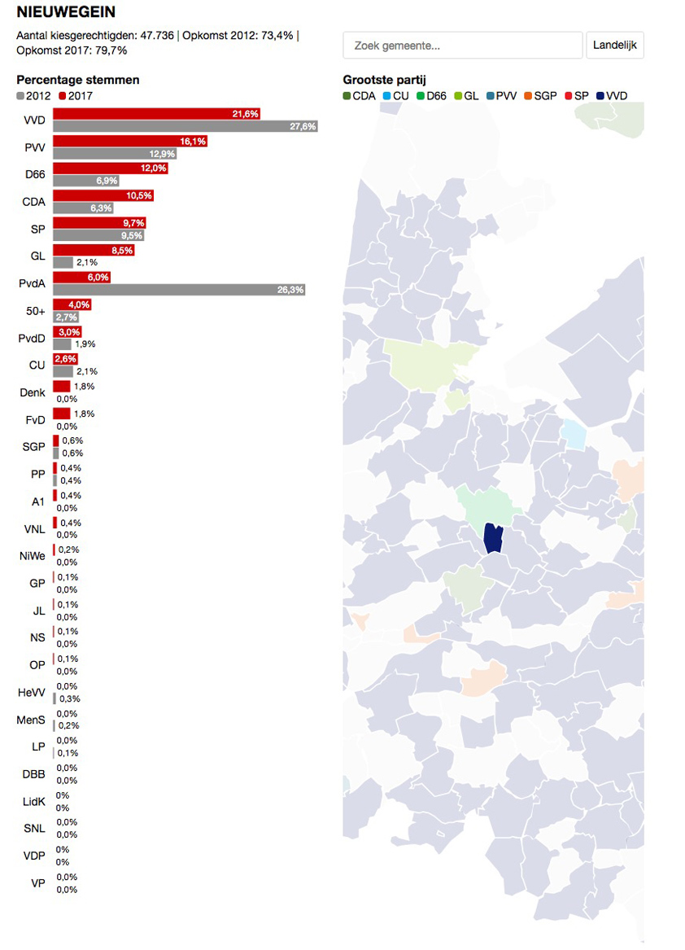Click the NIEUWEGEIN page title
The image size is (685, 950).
point(66,12)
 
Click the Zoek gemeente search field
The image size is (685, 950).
point(463,46)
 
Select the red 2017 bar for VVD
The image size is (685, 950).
point(157,114)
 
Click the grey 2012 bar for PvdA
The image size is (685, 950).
point(179,290)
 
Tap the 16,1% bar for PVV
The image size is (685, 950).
point(130,142)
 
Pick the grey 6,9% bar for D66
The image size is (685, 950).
point(88,181)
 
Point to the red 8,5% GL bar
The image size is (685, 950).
point(94,251)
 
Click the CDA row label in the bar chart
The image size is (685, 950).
point(33,202)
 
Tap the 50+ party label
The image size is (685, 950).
point(35,311)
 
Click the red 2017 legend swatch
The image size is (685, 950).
point(63,96)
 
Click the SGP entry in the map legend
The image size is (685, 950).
point(541,96)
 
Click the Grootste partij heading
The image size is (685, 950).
point(385,80)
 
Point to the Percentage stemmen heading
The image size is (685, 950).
point(78,80)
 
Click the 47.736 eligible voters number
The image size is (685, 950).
point(159,36)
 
